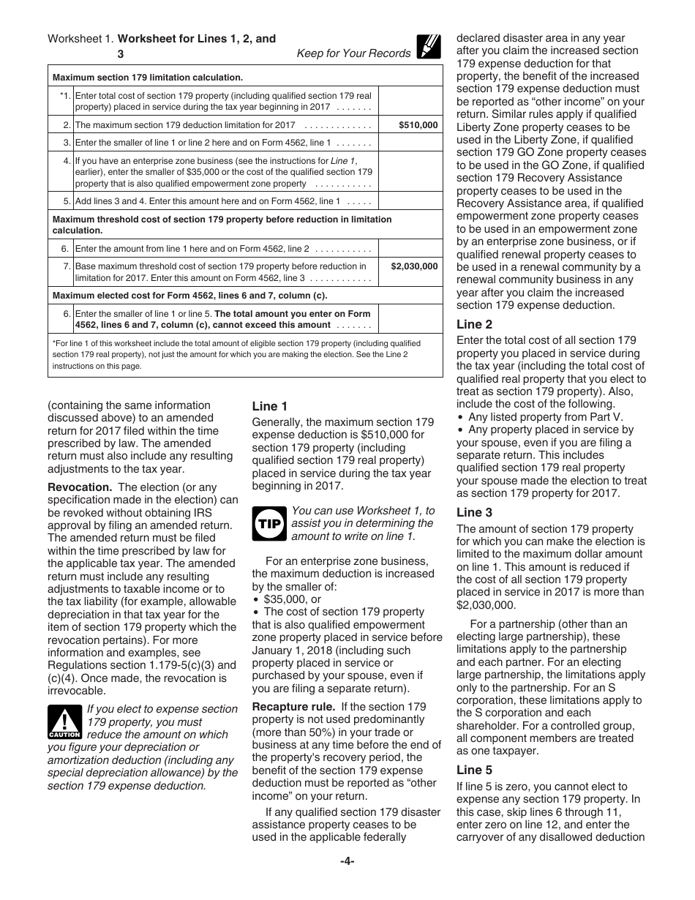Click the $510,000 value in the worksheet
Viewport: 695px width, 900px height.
pyautogui.click(x=418, y=125)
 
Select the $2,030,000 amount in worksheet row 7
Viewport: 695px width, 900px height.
pyautogui.click(x=413, y=267)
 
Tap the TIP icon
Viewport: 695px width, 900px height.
pyautogui.click(x=268, y=523)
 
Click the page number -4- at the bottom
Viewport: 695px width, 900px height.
pyautogui.click(x=347, y=861)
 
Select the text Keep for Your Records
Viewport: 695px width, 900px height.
pyautogui.click(x=353, y=53)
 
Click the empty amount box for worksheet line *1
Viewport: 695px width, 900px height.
pyautogui.click(x=412, y=101)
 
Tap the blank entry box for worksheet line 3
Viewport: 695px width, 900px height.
pyautogui.click(x=412, y=143)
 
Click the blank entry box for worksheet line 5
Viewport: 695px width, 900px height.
pyautogui.click(x=412, y=200)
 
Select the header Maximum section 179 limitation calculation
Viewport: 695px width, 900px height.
pyautogui.click(x=148, y=77)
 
